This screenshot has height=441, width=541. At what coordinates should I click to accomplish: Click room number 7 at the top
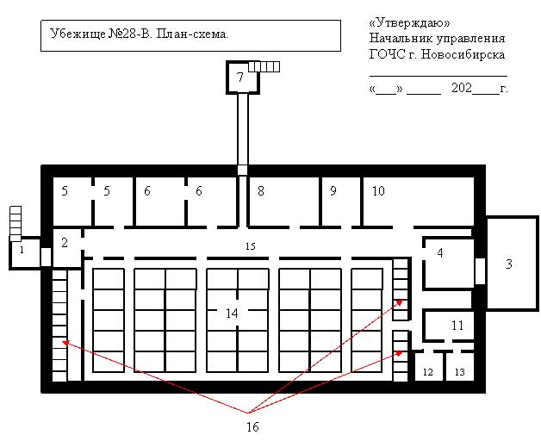point(240,77)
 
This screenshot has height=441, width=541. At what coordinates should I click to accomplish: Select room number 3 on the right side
point(509,264)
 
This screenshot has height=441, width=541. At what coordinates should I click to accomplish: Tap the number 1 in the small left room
point(22,250)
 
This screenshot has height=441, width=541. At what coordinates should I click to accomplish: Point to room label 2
point(65,243)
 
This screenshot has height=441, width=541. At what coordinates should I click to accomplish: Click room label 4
point(440,253)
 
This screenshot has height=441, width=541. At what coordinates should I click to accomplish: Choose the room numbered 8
point(261,190)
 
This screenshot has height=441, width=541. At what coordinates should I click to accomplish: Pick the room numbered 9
point(333,190)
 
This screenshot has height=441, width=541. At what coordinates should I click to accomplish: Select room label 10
point(378,190)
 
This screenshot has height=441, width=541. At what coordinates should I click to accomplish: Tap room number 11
point(457,325)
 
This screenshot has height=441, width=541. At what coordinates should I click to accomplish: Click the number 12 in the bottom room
point(428,372)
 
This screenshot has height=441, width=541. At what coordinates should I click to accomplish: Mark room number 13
point(459,372)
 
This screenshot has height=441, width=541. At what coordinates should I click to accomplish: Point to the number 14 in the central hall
point(233,314)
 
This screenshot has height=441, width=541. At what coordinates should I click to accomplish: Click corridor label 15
point(251,246)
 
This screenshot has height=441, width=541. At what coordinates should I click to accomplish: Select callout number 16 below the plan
point(252,427)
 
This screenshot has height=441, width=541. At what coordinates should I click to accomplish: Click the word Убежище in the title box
point(78,34)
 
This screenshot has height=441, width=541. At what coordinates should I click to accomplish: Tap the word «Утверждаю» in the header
point(409,22)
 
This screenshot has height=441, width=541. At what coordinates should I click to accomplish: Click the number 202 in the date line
point(462,88)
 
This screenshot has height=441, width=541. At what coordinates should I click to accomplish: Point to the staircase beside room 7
point(264,66)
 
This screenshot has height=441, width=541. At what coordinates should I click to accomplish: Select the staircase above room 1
point(16,224)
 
